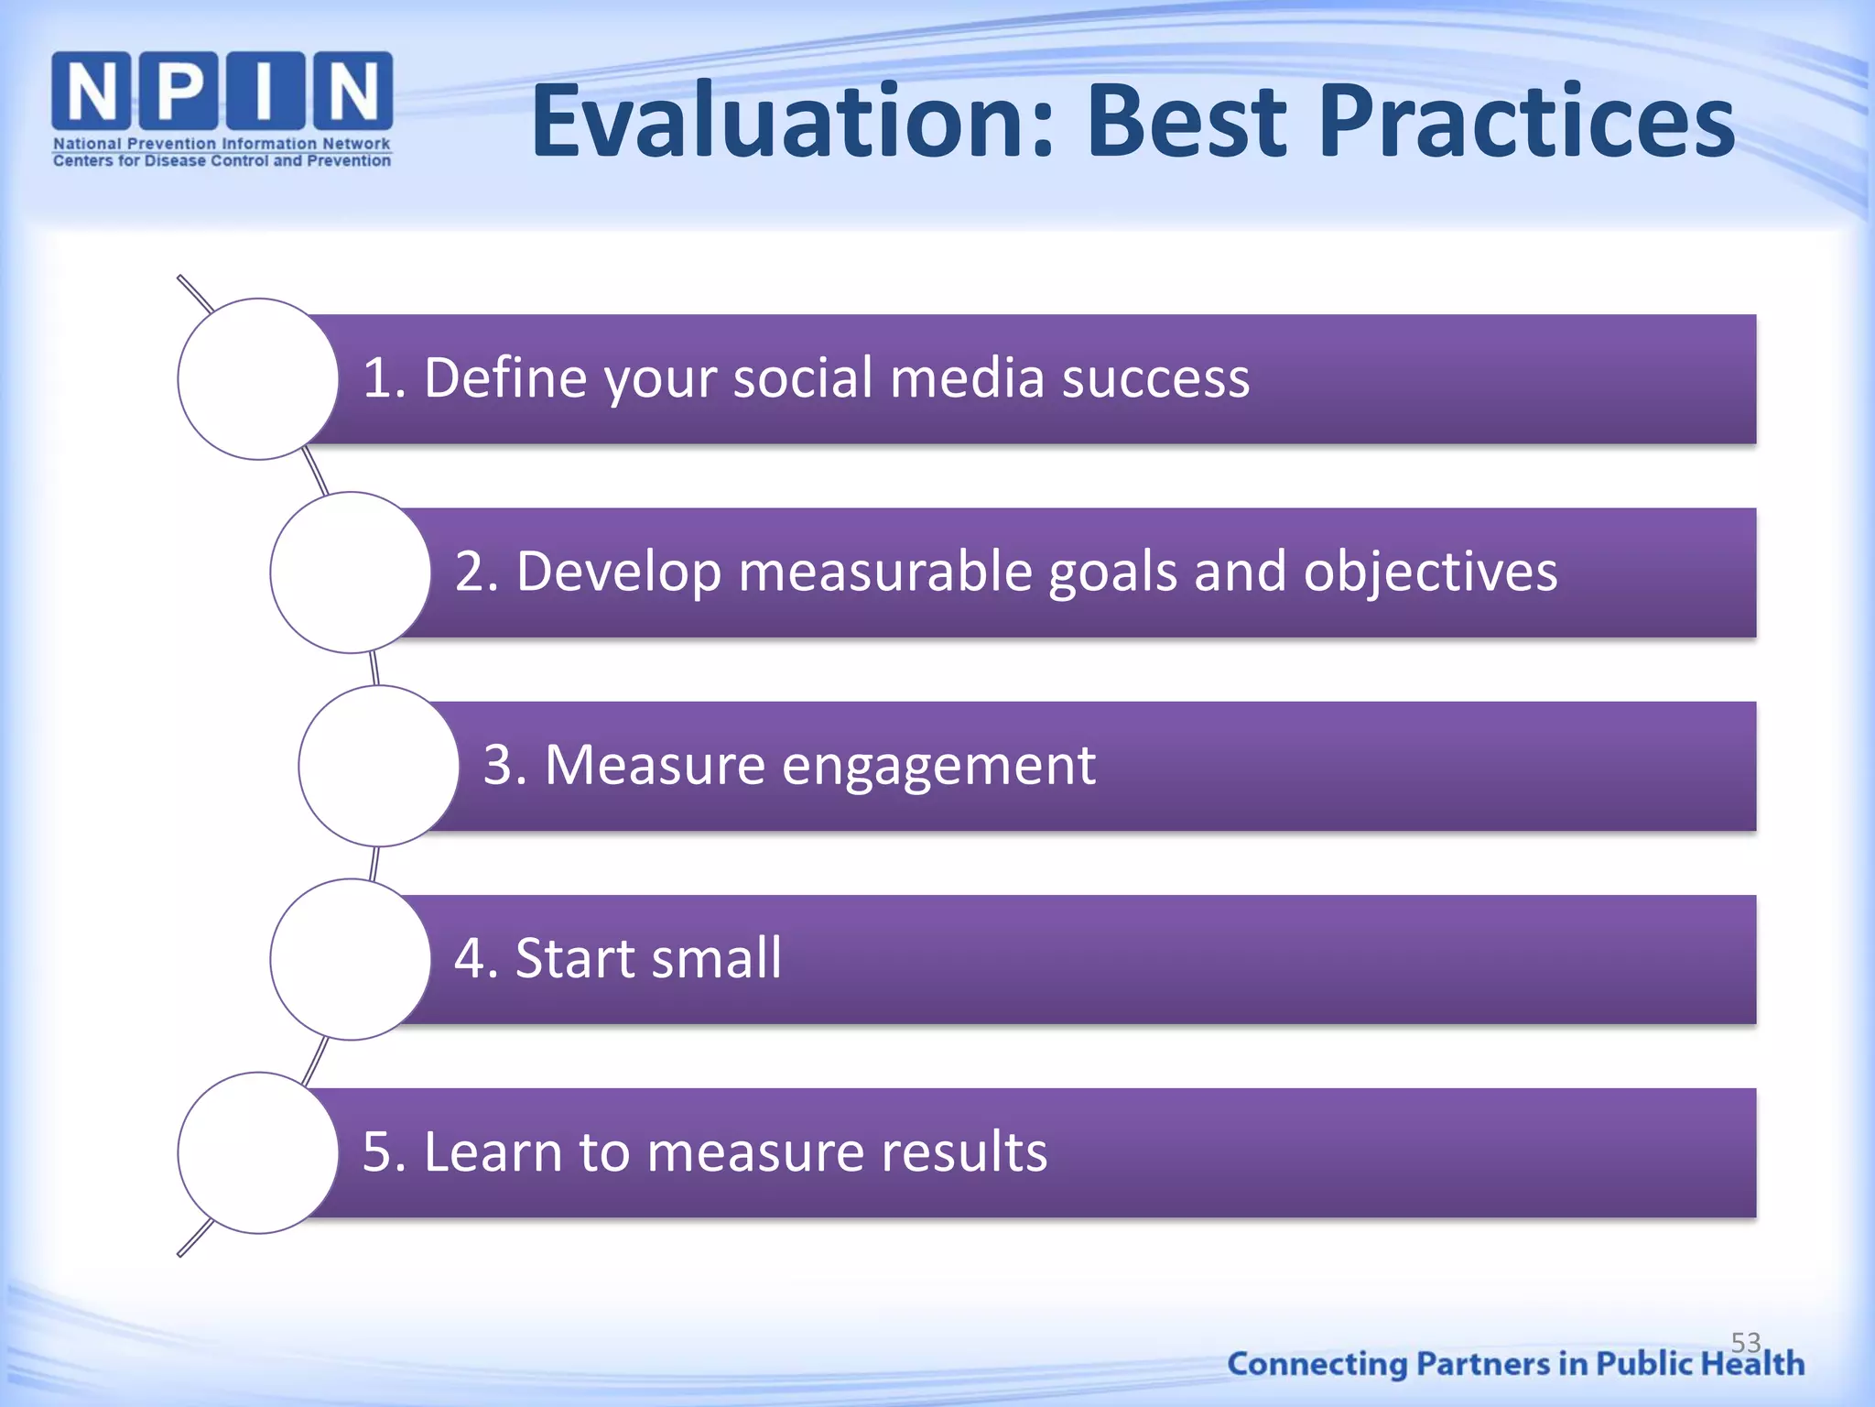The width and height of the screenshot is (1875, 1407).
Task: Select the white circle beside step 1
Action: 257,378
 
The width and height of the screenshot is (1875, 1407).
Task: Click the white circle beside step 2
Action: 350,572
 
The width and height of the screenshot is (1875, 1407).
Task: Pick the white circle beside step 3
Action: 378,766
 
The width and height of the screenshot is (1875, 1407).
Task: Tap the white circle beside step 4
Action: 350,959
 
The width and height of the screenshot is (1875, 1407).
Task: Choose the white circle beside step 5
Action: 257,1152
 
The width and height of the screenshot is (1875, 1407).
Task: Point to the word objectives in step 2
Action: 1430,572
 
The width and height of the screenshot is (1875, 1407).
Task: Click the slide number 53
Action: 1746,1342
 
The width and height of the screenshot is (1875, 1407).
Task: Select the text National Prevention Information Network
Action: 222,144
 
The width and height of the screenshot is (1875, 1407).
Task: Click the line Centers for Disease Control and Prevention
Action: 222,161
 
